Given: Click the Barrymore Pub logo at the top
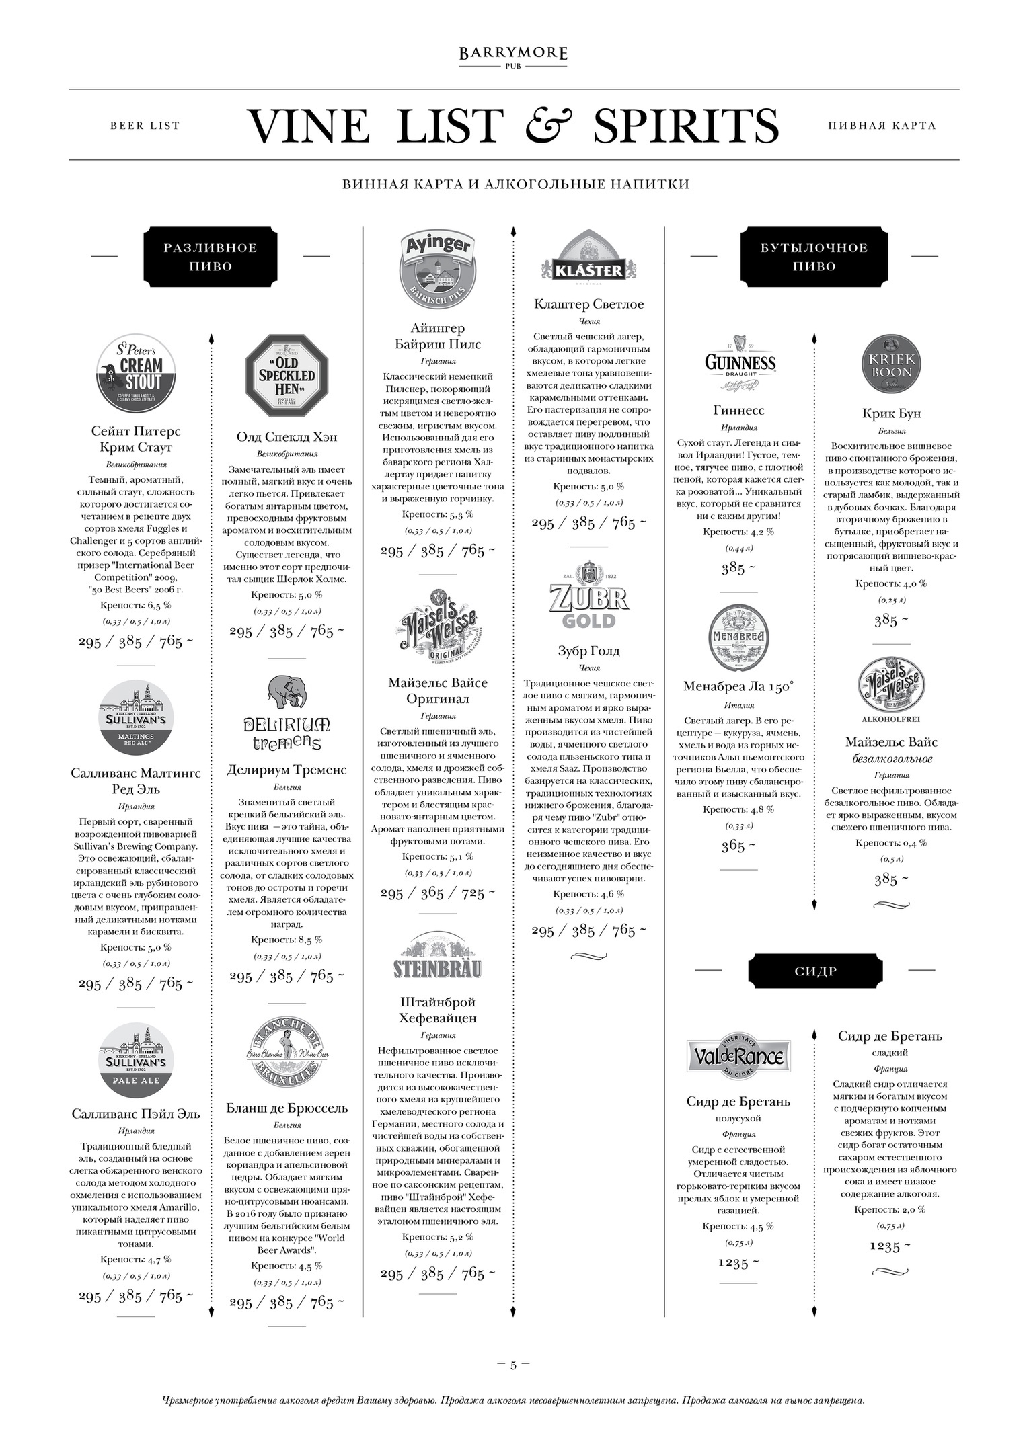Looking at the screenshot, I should tap(513, 57).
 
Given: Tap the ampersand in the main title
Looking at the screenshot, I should tap(549, 126).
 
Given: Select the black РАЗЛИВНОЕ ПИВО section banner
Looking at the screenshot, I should tap(211, 256).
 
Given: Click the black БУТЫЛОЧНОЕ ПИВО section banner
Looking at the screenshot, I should tap(814, 256).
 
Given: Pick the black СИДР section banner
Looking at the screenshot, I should tap(814, 971).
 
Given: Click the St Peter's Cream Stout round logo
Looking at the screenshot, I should tap(136, 374).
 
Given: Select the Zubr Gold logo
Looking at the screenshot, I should tap(588, 602).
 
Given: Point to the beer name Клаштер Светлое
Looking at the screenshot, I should tap(588, 304).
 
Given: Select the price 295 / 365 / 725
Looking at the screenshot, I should tap(437, 893).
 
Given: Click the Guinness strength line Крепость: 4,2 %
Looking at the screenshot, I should tap(738, 532).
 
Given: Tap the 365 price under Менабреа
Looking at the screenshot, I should tap(738, 846).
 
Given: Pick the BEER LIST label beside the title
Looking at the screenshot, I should tap(145, 126).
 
